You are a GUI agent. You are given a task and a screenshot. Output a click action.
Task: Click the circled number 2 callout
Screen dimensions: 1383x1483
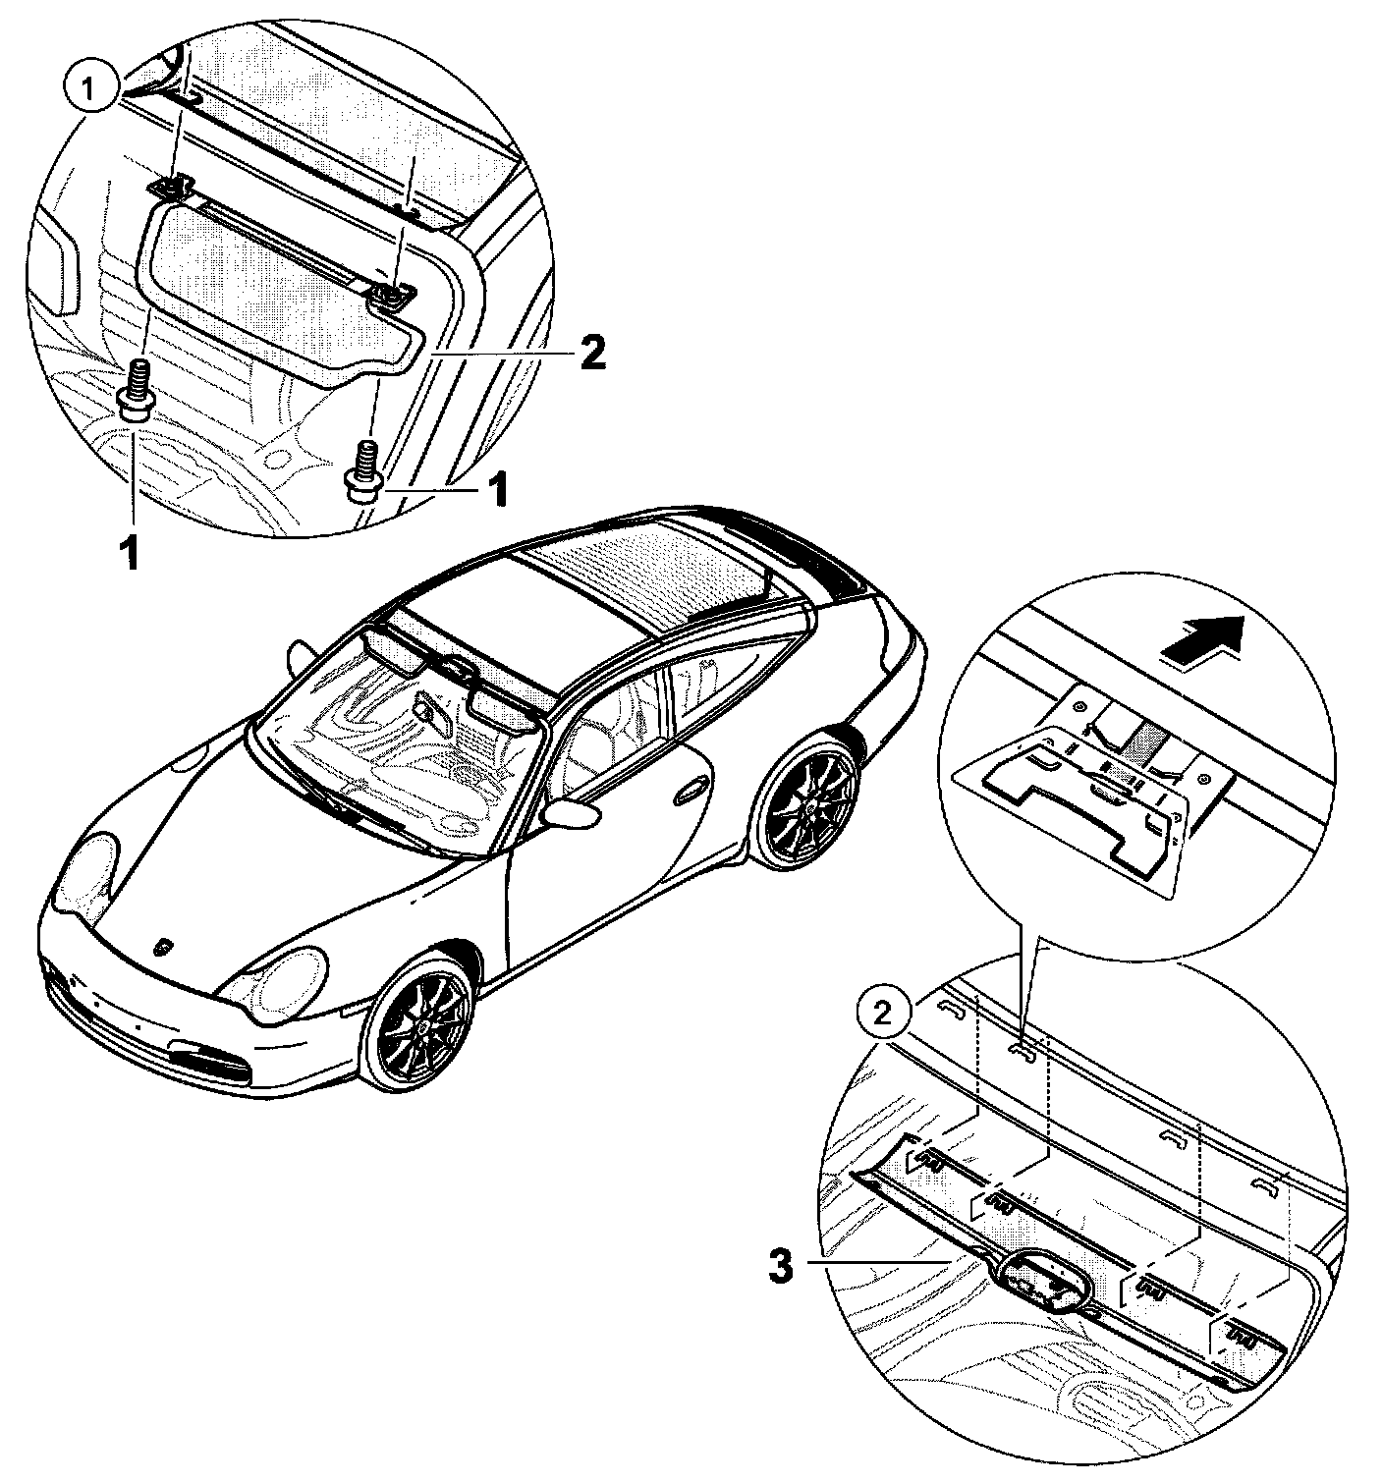pos(883,1012)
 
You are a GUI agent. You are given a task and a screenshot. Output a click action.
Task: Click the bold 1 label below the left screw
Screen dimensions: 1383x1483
pos(129,552)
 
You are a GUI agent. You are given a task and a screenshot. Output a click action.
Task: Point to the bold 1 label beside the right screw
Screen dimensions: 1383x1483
pos(499,488)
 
